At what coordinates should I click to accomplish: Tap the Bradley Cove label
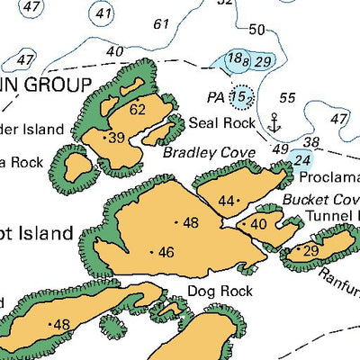[210, 153]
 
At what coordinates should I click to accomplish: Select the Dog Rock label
[220, 291]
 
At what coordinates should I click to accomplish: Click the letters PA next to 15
[216, 95]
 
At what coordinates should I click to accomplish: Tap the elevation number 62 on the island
[138, 110]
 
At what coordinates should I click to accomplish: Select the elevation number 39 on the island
[117, 138]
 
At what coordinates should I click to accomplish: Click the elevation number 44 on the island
[227, 201]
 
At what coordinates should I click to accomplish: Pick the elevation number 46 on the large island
[166, 253]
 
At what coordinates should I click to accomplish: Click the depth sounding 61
[162, 23]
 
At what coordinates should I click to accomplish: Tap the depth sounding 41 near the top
[104, 13]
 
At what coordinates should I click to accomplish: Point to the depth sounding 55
[288, 97]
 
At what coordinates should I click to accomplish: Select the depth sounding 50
[256, 30]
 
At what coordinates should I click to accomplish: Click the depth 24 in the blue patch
[302, 160]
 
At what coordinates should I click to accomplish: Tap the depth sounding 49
[280, 148]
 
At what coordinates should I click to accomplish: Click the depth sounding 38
[312, 142]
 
